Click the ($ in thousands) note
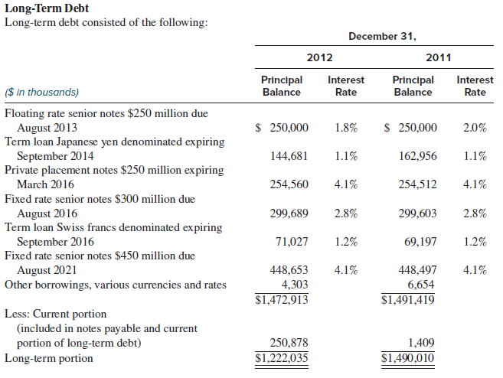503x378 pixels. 42,92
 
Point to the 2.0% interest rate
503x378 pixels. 475,128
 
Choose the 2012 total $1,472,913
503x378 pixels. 281,299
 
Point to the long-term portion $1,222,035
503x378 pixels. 281,357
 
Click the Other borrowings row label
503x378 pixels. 116,285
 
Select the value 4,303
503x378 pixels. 295,285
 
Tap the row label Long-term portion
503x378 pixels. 49,357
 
